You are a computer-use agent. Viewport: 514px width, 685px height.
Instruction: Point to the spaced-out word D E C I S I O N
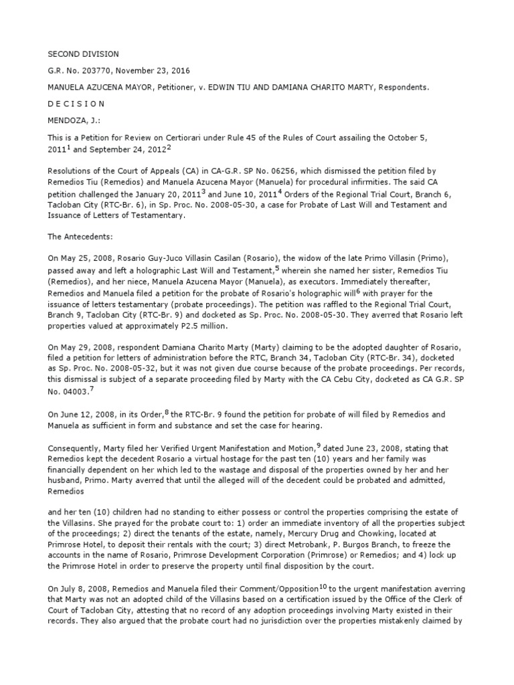[x=73, y=104]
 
